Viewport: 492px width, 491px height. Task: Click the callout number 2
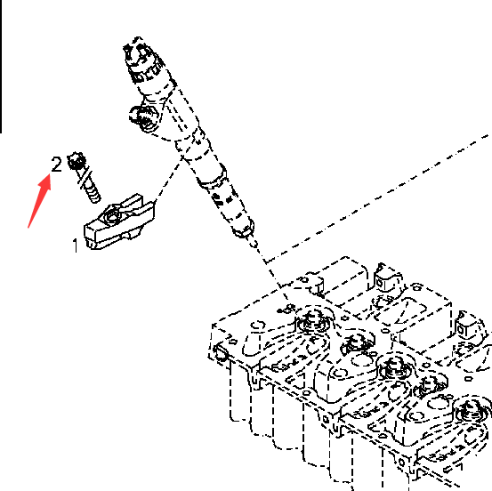tap(56, 164)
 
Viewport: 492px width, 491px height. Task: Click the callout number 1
tap(76, 245)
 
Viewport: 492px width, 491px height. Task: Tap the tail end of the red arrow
tap(28, 228)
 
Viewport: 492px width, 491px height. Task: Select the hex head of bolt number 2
tap(77, 160)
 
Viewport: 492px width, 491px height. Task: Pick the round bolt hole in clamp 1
tap(111, 216)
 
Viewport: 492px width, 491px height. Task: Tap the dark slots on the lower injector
tap(222, 199)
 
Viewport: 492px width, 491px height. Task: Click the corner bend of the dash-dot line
tap(266, 261)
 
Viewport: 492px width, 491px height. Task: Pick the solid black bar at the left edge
tap(1, 67)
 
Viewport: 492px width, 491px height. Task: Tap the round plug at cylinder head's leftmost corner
tap(221, 351)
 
